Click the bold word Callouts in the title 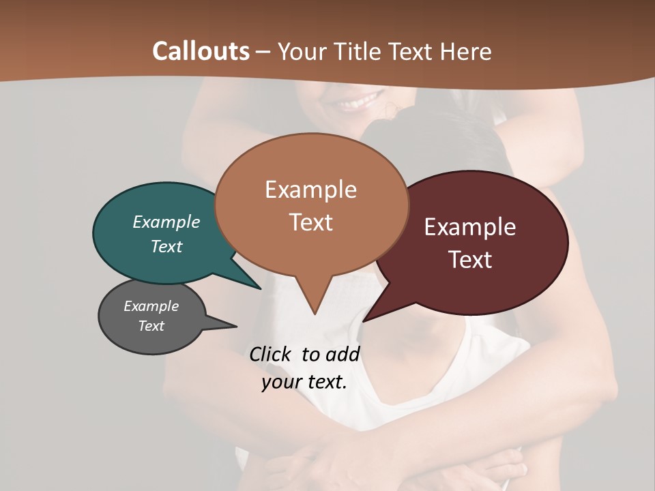coord(201,51)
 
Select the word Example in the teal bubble coord(166,222)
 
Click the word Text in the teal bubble coord(166,246)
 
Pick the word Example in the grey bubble coord(151,306)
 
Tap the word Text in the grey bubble coord(151,326)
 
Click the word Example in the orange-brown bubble coord(310,190)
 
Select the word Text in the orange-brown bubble coord(310,222)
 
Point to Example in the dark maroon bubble coord(470,227)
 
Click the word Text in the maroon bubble coord(470,260)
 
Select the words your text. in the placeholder coord(304,382)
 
